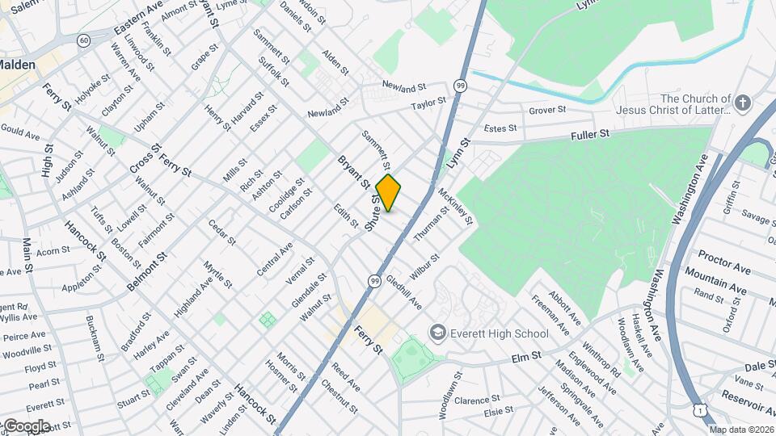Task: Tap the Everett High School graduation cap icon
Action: click(x=437, y=333)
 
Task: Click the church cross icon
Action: click(x=744, y=103)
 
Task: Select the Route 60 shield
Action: click(x=84, y=40)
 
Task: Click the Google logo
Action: click(x=26, y=426)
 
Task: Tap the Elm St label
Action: click(x=526, y=356)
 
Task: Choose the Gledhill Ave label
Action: click(x=404, y=293)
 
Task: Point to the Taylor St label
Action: click(x=428, y=104)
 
